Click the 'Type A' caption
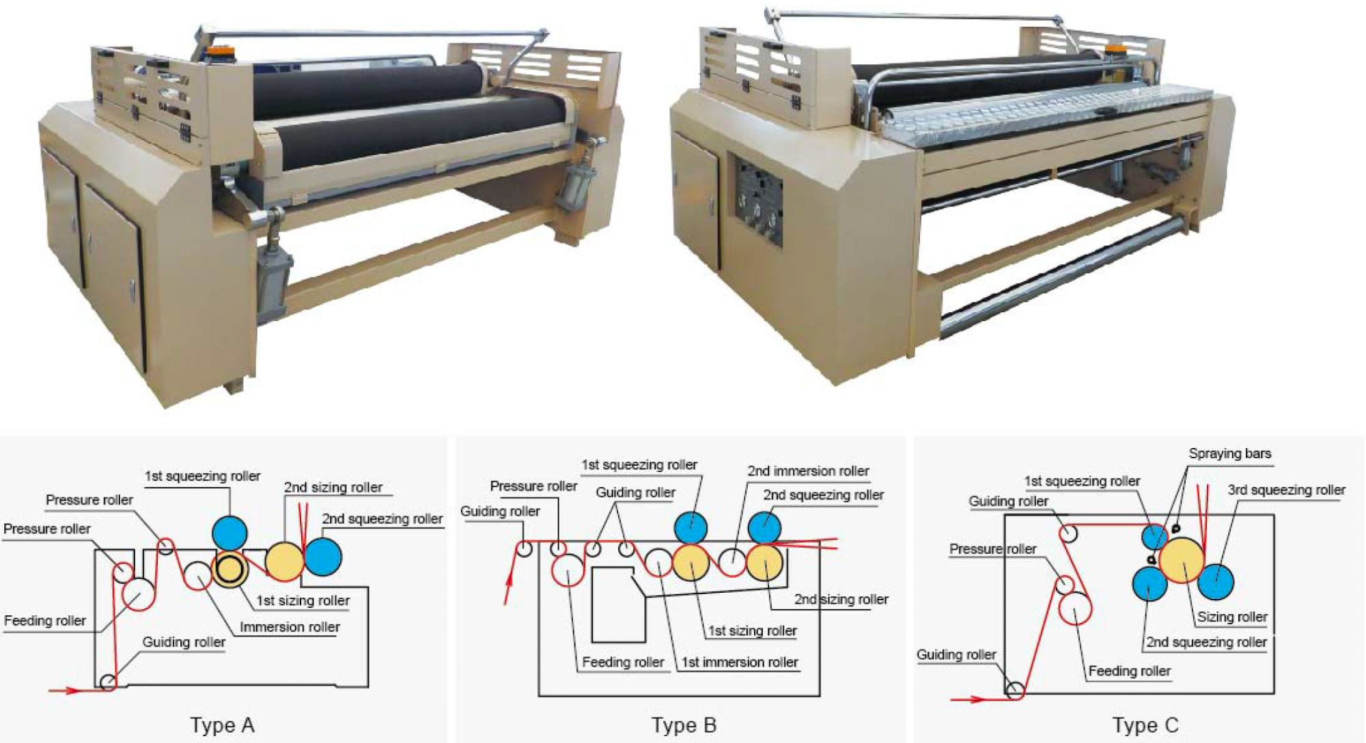click(222, 725)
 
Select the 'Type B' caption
click(684, 725)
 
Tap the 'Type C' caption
click(1145, 725)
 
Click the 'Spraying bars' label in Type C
click(1229, 453)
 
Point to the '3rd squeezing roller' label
click(1286, 490)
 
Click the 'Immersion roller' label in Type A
click(290, 627)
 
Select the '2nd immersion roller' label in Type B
click(808, 471)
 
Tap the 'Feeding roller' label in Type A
click(45, 620)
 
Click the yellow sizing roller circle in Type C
click(1182, 560)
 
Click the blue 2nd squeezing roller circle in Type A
click(323, 557)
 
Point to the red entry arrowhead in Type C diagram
click(977, 699)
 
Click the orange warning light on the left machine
click(218, 51)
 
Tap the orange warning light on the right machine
click(1115, 49)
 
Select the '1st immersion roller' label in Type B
click(740, 662)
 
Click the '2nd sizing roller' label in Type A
click(333, 487)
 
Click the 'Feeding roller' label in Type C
click(1129, 671)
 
